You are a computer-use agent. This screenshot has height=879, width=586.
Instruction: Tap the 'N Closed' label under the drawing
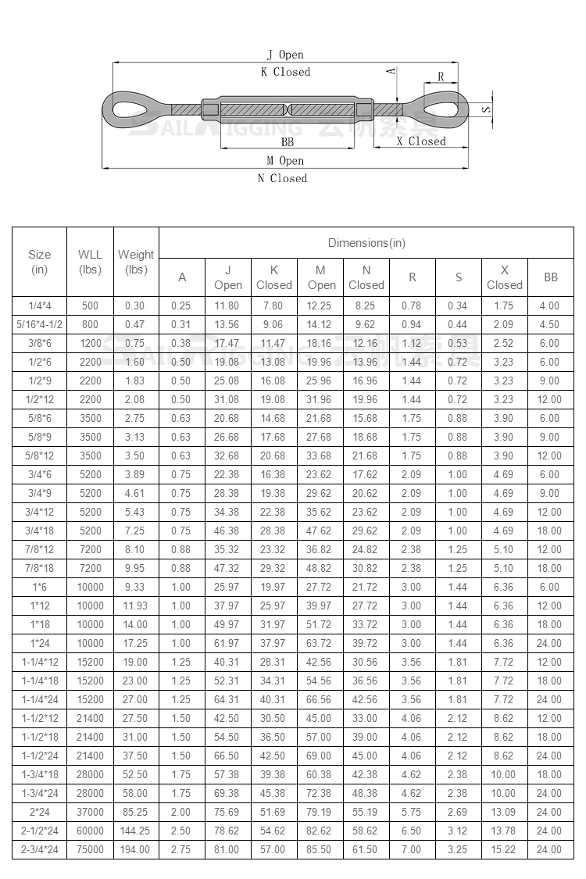point(282,178)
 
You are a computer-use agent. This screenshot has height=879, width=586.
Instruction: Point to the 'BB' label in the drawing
point(288,141)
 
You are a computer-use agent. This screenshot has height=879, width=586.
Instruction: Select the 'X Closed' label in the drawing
point(420,141)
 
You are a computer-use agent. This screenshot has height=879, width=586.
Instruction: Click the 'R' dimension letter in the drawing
point(441,77)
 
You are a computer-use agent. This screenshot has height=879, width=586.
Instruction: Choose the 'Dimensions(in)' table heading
point(366,243)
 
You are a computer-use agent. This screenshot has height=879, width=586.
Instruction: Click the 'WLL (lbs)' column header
point(90,262)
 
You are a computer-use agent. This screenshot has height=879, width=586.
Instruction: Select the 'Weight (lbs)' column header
point(136,262)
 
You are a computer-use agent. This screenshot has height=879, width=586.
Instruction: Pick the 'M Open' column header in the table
point(320,277)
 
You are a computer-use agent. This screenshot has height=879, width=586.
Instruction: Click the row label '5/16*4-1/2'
point(39,324)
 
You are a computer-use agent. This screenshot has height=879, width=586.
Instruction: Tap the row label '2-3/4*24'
point(39,849)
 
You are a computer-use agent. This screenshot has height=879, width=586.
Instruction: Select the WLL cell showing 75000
point(90,849)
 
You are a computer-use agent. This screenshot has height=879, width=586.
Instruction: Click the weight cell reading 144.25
point(136,831)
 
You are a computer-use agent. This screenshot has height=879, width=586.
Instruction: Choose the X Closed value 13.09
point(504,812)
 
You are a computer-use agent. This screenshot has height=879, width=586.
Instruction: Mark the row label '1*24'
point(39,643)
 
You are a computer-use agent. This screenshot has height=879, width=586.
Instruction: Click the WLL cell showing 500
point(90,306)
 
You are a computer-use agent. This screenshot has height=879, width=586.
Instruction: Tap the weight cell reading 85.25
point(136,812)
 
